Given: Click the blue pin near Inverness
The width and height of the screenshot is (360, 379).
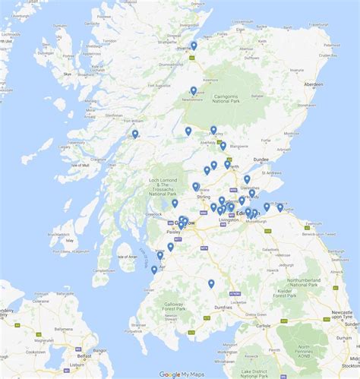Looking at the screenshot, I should (194, 46).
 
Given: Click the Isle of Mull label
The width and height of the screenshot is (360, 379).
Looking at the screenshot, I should (81, 165).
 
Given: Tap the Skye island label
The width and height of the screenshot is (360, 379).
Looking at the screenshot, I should (67, 74).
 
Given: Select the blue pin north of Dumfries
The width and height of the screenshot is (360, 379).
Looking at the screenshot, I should (211, 284).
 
